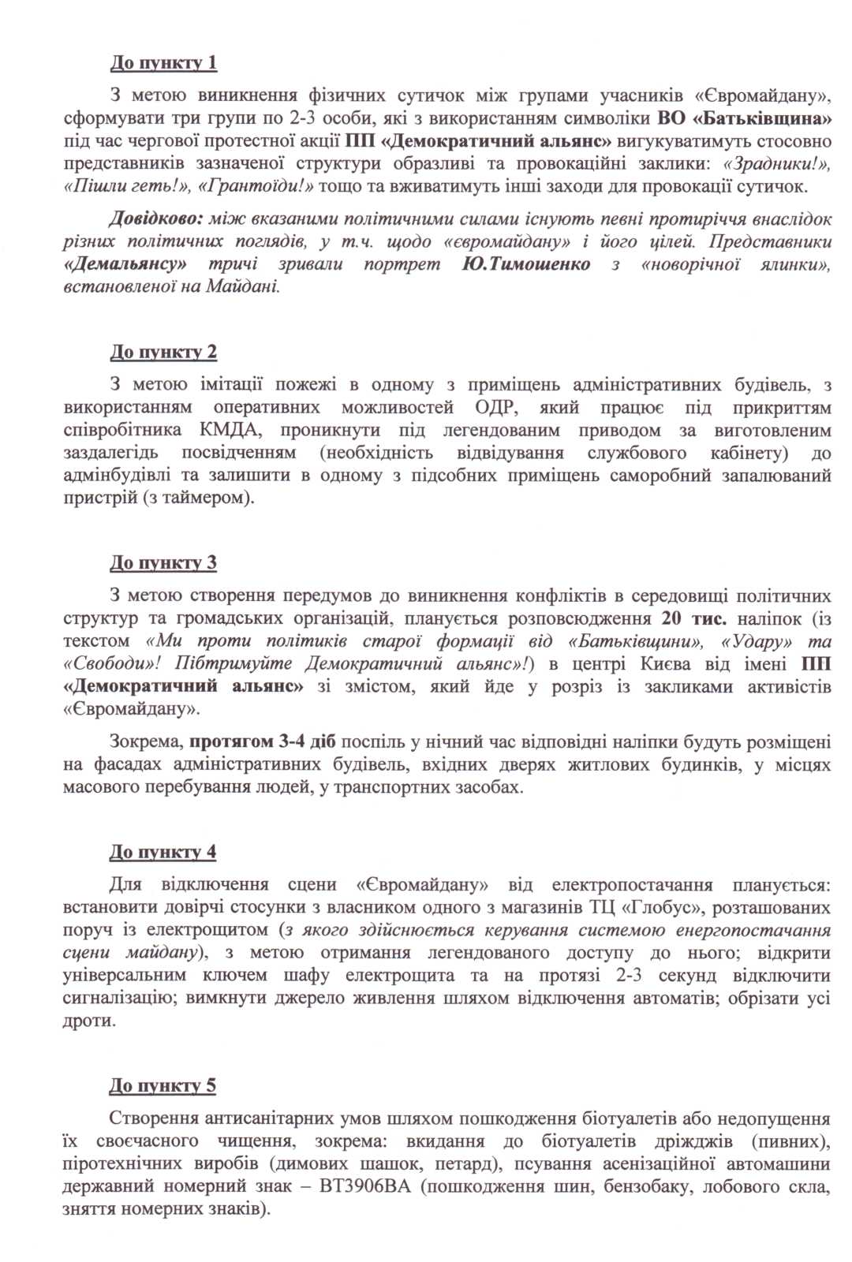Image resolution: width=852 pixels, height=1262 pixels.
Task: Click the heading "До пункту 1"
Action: (x=163, y=62)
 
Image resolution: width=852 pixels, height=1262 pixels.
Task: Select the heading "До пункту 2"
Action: (x=163, y=352)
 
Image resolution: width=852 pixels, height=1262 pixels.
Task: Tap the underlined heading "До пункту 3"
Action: (x=163, y=562)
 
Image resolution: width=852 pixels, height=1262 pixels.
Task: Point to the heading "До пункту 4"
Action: (x=163, y=852)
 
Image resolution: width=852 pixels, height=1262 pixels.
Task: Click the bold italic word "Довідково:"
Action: (x=156, y=218)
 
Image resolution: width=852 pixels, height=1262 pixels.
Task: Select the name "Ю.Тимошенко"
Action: (x=525, y=264)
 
